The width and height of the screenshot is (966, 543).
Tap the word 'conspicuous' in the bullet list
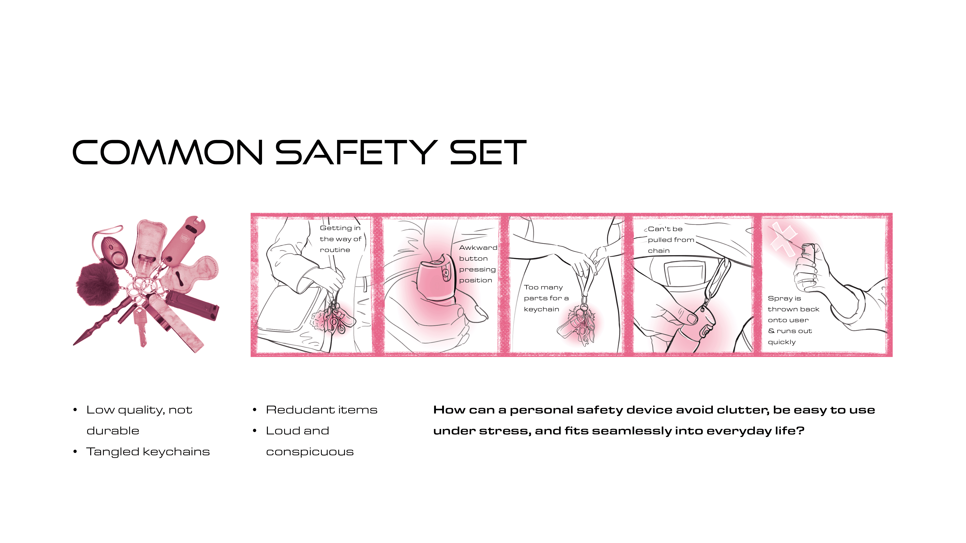coord(310,452)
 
